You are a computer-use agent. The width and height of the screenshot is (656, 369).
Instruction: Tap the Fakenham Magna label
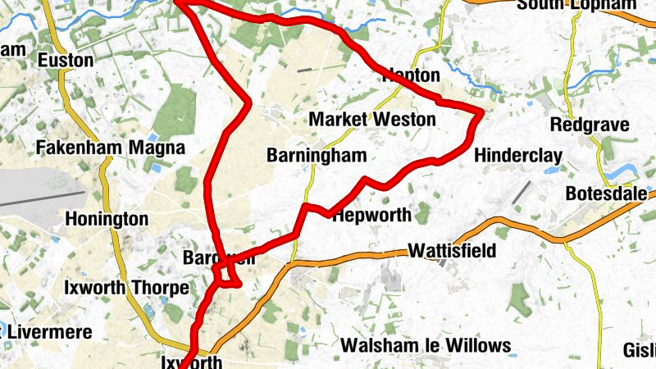[112, 148]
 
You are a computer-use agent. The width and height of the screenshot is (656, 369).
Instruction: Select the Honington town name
[107, 220]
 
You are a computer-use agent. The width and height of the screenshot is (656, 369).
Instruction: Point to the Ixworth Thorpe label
[126, 289]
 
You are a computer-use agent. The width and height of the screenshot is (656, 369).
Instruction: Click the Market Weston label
[372, 120]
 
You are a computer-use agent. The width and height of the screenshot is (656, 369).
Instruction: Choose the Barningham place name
[317, 156]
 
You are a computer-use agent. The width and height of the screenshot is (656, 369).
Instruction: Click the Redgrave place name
[590, 125]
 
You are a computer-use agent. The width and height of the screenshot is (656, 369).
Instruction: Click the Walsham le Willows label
[426, 345]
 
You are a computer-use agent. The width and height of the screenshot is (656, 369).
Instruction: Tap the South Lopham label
[577, 5]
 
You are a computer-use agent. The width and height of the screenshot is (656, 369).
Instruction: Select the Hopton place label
[412, 75]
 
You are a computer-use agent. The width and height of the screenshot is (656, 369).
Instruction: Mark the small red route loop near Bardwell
[227, 275]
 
